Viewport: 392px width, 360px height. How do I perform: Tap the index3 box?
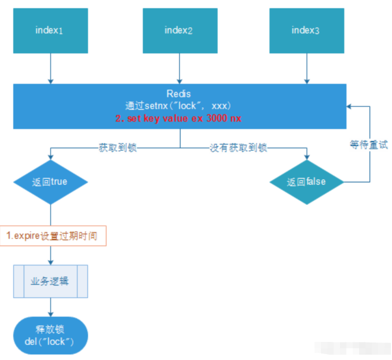pyautogui.click(x=306, y=30)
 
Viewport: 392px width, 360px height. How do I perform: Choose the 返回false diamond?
pyautogui.click(x=307, y=182)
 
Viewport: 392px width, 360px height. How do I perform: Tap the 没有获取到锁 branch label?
pyautogui.click(x=238, y=148)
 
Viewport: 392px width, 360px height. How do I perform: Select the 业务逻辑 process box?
pyautogui.click(x=50, y=281)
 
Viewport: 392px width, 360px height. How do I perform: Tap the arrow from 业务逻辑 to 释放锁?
pyautogui.click(x=50, y=307)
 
